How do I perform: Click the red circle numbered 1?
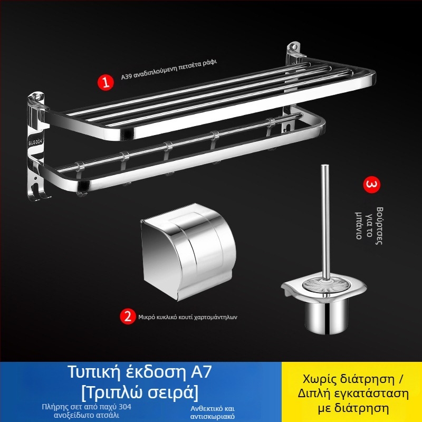105,82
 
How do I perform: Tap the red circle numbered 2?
128,316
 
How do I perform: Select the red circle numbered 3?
372,185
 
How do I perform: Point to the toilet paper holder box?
188,252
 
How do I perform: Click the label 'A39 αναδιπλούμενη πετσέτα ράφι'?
169,70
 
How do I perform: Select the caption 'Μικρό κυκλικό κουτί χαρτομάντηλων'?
188,317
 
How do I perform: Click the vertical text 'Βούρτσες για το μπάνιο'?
369,226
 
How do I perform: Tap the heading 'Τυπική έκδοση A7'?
139,372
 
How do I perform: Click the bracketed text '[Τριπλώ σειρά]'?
140,392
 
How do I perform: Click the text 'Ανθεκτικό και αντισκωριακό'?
213,413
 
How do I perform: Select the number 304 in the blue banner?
125,407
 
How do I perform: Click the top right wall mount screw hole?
295,46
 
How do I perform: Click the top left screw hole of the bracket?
37,97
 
